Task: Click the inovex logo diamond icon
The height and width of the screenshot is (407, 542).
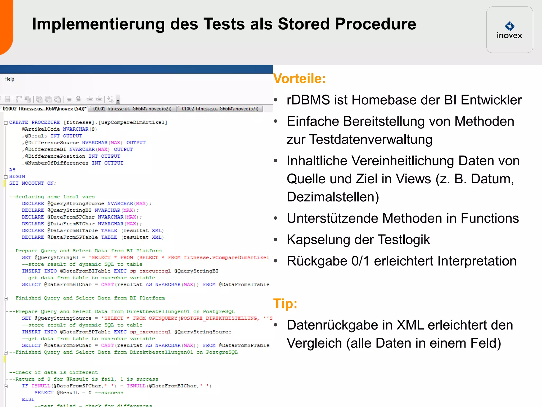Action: tap(509, 26)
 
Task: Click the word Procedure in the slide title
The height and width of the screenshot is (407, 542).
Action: tap(376, 24)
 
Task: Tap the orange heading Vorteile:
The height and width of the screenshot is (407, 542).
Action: tap(299, 79)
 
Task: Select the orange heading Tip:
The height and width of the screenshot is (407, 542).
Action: tap(285, 303)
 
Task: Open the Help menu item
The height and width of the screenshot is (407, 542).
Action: tap(9, 79)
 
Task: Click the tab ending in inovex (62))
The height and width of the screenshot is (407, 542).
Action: tap(132, 109)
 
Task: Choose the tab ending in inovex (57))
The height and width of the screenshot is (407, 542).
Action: tap(220, 109)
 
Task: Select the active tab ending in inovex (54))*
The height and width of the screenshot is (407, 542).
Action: tap(44, 109)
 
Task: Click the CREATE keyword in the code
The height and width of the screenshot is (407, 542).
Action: tap(19, 122)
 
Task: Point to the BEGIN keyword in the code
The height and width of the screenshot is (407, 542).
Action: tap(17, 176)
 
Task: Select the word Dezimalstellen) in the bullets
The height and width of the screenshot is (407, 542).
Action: tap(333, 197)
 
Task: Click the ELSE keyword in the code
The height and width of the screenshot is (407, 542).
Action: tap(28, 399)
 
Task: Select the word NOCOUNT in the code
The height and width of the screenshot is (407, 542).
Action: tap(33, 183)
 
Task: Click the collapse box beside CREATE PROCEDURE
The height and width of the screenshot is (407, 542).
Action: tap(6, 123)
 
